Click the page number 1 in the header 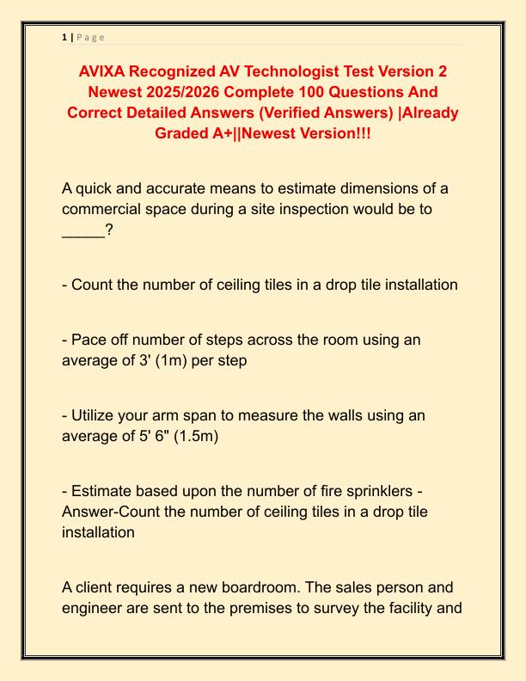point(64,37)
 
